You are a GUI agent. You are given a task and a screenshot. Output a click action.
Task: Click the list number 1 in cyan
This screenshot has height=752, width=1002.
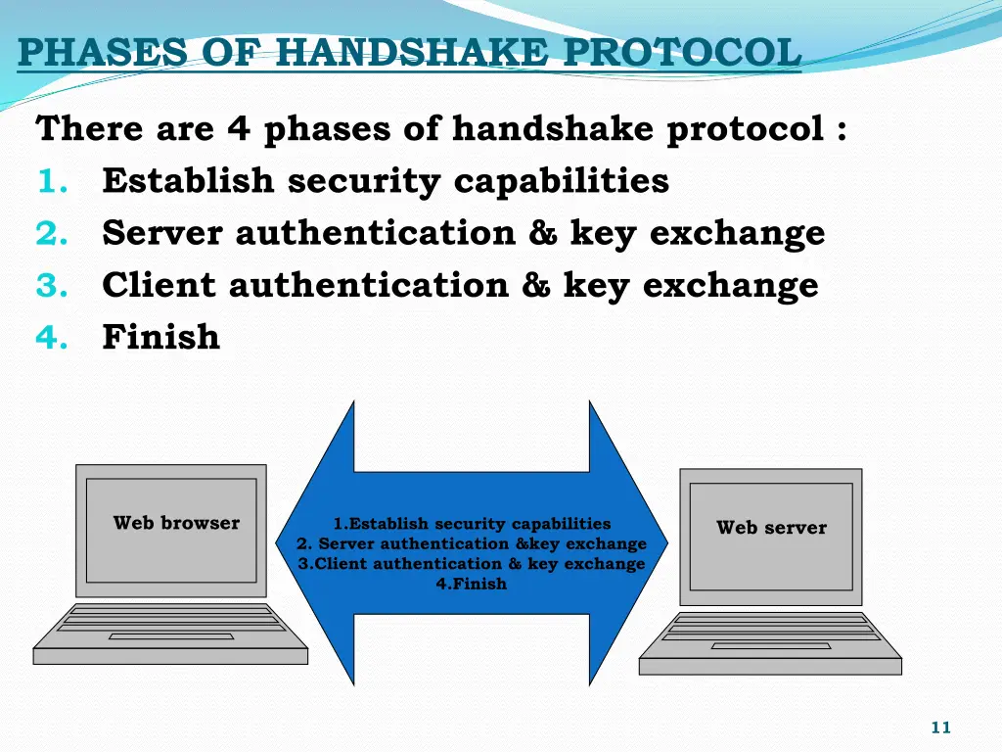click(x=50, y=181)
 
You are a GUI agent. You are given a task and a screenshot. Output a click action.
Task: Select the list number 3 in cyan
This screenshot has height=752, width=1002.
click(x=50, y=285)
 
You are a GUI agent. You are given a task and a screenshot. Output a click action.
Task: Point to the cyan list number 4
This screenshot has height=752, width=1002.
click(x=50, y=338)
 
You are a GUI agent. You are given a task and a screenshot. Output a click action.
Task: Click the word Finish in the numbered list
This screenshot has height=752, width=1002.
click(x=160, y=337)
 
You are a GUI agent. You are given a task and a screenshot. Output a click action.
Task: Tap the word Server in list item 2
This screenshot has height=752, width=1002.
click(x=162, y=233)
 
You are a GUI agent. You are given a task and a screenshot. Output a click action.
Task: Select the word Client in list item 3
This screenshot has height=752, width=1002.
click(x=159, y=285)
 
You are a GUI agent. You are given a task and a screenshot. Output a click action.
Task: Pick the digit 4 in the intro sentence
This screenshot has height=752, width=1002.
click(x=239, y=128)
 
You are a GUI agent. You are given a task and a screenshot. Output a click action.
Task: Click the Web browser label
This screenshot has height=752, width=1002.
click(x=176, y=523)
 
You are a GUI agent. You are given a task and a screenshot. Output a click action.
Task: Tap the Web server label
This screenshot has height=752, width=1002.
click(x=771, y=528)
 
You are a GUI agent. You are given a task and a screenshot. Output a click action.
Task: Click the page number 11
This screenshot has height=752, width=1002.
click(x=940, y=727)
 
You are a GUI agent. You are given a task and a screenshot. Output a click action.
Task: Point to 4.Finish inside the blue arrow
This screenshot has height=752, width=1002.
click(x=472, y=584)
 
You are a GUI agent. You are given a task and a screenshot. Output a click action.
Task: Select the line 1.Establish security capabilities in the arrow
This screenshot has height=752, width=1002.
click(x=472, y=524)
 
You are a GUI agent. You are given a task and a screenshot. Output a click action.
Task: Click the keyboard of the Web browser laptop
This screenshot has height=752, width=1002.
click(x=170, y=623)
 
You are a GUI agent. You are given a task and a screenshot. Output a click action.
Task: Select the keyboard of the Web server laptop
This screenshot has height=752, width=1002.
click(x=771, y=632)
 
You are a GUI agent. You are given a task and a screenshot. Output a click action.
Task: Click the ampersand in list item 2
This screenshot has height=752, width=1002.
click(x=542, y=233)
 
